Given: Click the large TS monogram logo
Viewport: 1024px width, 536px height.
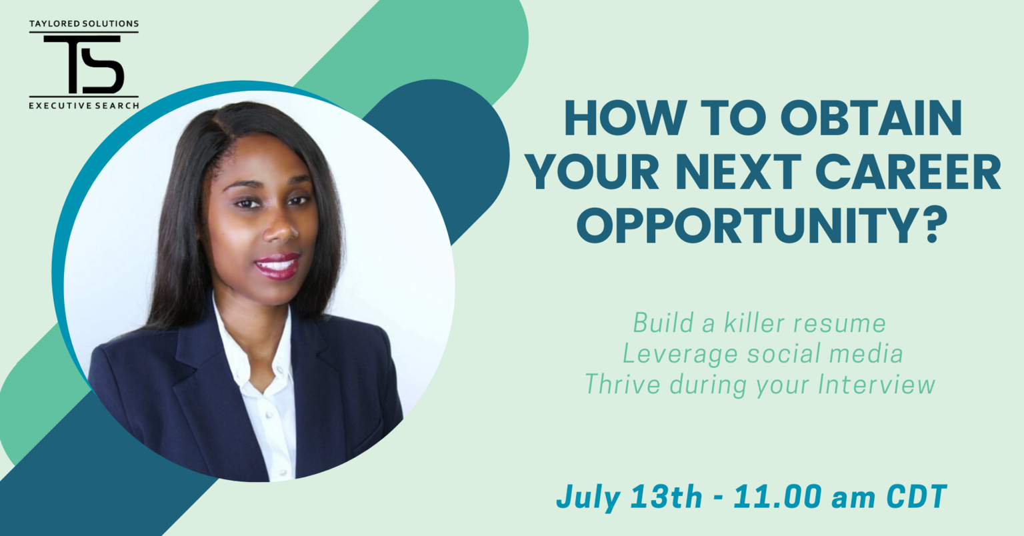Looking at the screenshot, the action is pyautogui.click(x=84, y=65).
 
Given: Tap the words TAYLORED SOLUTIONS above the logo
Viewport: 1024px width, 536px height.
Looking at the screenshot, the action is pyautogui.click(x=84, y=23).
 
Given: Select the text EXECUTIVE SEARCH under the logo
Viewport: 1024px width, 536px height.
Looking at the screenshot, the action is pyautogui.click(x=84, y=105).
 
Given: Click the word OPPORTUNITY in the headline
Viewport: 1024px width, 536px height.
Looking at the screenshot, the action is pyautogui.click(x=748, y=226).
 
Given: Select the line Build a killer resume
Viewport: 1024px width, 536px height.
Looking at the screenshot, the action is pyautogui.click(x=759, y=323).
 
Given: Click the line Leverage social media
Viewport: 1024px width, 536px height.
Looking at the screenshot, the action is pyautogui.click(x=763, y=354).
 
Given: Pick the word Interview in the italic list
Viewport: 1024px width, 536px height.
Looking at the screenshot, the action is pyautogui.click(x=877, y=384).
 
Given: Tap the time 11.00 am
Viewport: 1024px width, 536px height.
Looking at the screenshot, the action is pyautogui.click(x=805, y=497).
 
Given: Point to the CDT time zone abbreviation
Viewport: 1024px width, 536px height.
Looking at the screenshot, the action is pyautogui.click(x=917, y=497).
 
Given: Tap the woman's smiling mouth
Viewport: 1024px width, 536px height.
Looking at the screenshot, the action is pyautogui.click(x=277, y=266).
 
